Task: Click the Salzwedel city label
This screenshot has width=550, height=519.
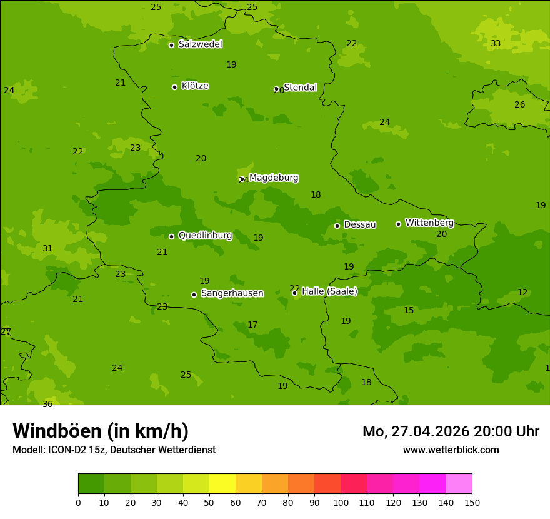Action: click(x=200, y=44)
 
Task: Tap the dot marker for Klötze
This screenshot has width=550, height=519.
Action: click(x=174, y=87)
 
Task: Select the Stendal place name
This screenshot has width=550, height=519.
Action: click(x=301, y=88)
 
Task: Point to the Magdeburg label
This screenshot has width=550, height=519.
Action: click(x=274, y=178)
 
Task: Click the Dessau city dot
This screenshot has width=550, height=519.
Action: click(x=337, y=226)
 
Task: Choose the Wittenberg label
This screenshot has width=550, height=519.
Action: click(x=429, y=223)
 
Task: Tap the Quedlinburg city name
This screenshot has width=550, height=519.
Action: click(x=205, y=236)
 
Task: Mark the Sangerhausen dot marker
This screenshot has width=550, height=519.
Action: click(x=194, y=295)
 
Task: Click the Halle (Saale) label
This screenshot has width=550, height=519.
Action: click(x=329, y=291)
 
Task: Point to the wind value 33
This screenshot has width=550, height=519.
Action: click(x=496, y=44)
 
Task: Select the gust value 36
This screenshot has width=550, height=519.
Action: click(x=47, y=405)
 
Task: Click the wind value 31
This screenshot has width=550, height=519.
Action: click(x=47, y=249)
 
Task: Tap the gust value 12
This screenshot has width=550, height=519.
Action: click(x=522, y=293)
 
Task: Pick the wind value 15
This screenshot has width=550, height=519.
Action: click(x=409, y=311)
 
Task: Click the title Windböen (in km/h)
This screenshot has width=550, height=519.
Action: click(x=101, y=431)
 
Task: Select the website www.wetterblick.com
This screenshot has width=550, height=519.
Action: click(x=451, y=450)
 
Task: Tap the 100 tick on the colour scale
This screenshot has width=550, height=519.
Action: click(x=341, y=502)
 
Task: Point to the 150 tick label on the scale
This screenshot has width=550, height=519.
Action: click(x=472, y=502)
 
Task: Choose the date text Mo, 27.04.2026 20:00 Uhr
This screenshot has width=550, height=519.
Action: click(x=451, y=431)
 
